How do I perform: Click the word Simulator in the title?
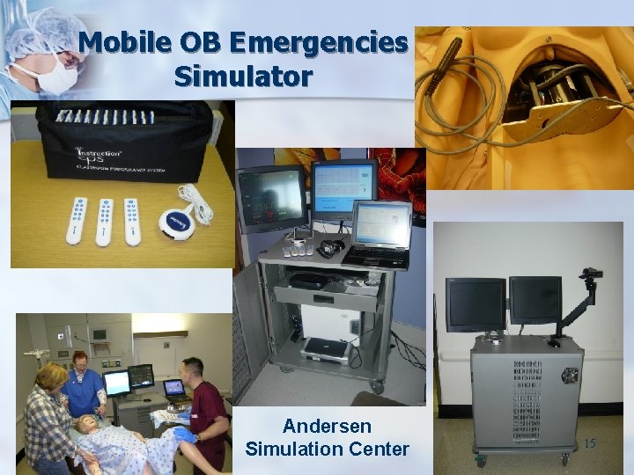pos(243,76)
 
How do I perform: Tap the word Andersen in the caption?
pos(327,426)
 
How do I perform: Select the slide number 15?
pos(589,443)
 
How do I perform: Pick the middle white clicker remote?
pos(106,221)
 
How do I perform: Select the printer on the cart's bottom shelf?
pos(328,348)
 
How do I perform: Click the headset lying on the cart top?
pos(331,248)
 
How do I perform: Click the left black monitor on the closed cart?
pos(475,303)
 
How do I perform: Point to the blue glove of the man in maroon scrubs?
pos(184,434)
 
